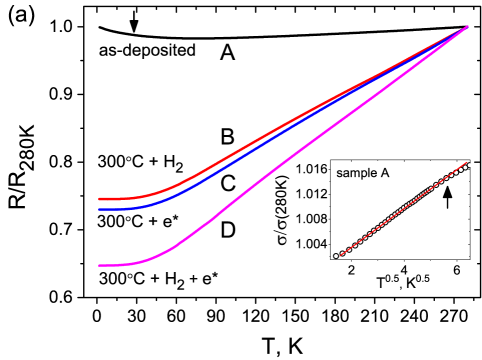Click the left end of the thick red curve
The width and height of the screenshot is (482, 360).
[x=99, y=199]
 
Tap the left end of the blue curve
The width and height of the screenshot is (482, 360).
[x=99, y=209]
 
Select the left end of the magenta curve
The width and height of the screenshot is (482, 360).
[x=99, y=265]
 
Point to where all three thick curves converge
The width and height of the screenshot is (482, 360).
[x=467, y=27]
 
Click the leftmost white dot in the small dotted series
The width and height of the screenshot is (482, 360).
[x=336, y=256]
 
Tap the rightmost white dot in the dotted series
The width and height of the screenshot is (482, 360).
[x=468, y=165]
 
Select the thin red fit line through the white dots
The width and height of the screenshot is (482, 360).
[x=400, y=211]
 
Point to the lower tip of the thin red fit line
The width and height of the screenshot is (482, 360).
[x=340, y=255]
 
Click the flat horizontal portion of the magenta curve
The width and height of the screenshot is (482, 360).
[x=115, y=265]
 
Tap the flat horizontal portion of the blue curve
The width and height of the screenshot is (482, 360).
[x=115, y=209]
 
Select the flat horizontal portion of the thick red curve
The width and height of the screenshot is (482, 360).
[x=115, y=199]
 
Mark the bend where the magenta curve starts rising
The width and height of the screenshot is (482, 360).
[x=160, y=255]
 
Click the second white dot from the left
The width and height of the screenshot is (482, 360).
[x=342, y=253]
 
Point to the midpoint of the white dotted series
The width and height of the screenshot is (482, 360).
[x=402, y=210]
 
